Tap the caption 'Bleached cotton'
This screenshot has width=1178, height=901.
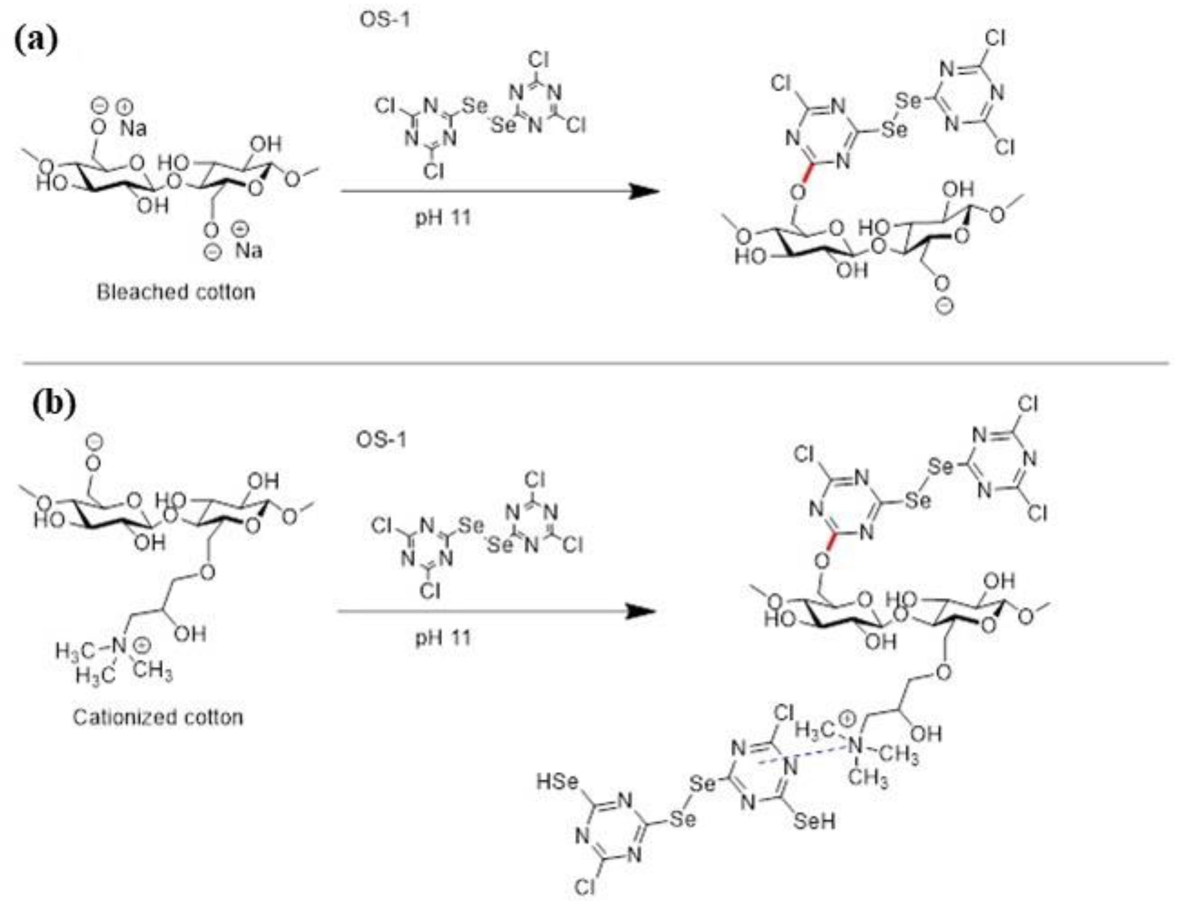[x=175, y=292]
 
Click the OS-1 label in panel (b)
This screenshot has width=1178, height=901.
[x=381, y=440]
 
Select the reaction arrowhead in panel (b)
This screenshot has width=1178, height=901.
[x=642, y=611]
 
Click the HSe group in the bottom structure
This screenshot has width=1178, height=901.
[x=558, y=782]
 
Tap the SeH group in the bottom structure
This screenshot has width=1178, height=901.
[x=814, y=821]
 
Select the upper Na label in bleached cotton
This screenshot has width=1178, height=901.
[x=133, y=128]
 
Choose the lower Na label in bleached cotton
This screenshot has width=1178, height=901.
[x=249, y=251]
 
